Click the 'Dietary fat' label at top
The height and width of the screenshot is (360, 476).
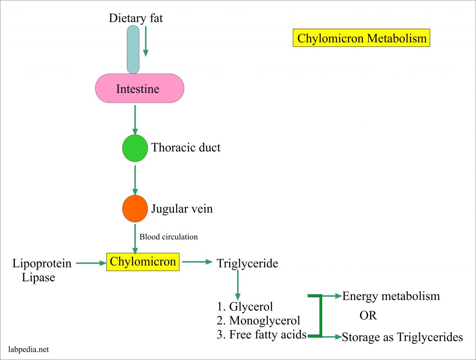point(136,18)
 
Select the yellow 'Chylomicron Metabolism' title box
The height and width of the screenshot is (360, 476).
point(362,38)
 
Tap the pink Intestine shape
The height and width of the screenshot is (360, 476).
point(139,88)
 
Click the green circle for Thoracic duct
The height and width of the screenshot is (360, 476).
point(135,148)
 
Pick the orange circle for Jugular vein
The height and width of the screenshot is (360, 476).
point(135,209)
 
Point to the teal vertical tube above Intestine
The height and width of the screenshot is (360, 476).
point(133,49)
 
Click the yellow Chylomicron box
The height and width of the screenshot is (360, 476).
point(143,262)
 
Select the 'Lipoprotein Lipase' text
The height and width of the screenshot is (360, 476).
point(42,271)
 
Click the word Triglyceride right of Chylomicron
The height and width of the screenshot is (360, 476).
point(247,264)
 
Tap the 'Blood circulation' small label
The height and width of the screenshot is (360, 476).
point(169,237)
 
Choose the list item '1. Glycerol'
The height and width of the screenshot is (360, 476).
point(245,307)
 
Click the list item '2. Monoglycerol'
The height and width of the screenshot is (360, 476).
point(258,320)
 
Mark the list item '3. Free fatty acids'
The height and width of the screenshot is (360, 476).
point(261,334)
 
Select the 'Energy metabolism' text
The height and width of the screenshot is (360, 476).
point(391,296)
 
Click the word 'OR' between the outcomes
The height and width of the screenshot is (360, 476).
point(368,316)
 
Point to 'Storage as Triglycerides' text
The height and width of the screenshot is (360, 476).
point(402,337)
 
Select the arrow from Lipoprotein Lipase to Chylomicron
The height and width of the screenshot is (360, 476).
point(91,264)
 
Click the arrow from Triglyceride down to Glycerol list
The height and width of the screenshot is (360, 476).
point(238,285)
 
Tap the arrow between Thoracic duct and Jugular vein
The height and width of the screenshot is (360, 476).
point(135,179)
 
